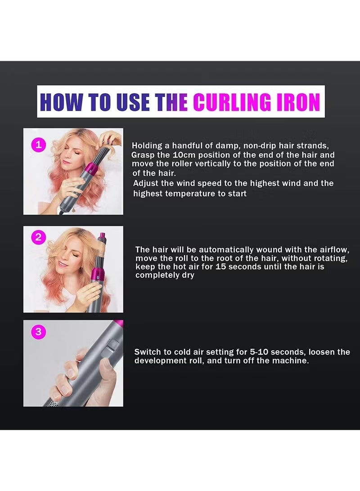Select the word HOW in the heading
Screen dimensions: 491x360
[x=59, y=102]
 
